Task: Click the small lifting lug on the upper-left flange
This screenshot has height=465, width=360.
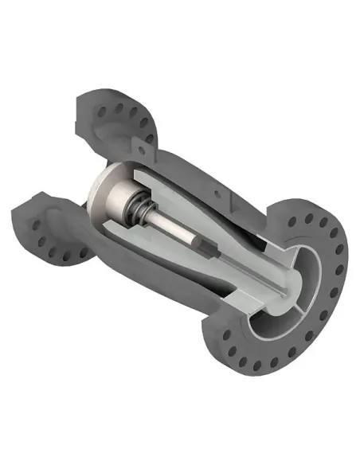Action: pos(150,139)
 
